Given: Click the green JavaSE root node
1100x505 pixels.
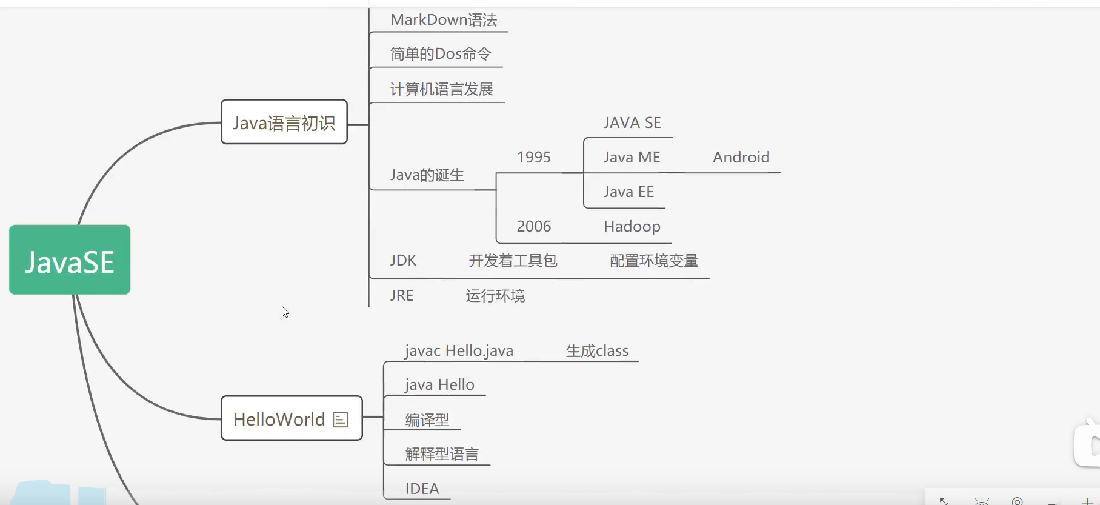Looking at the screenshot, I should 70,260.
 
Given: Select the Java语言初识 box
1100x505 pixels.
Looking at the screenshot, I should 284,122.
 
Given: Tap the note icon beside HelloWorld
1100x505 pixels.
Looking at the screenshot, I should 341,420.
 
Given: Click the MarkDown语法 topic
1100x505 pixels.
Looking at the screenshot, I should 444,20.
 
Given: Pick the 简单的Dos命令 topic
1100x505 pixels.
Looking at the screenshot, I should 440,55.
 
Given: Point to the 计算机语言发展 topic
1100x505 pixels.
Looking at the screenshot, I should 441,90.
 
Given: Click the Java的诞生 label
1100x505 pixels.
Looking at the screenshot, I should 427,175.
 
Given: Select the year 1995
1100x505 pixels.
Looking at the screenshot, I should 533,158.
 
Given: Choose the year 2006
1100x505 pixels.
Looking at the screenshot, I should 533,227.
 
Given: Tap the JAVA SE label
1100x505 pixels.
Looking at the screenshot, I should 632,123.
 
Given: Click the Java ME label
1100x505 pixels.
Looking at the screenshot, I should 632,158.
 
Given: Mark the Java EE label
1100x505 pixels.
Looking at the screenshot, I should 628,192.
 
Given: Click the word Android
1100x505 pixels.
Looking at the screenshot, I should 741,158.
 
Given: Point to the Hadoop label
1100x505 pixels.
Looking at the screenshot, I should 632,227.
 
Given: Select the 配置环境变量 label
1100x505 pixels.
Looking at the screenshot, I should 653,261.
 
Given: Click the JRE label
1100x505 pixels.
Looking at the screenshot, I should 401,296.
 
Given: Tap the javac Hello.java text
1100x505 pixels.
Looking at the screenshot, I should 459,351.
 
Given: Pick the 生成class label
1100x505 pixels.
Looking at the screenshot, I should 596,351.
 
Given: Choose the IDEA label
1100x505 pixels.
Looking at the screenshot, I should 422,489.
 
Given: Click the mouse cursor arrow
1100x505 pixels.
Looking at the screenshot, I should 284,311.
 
